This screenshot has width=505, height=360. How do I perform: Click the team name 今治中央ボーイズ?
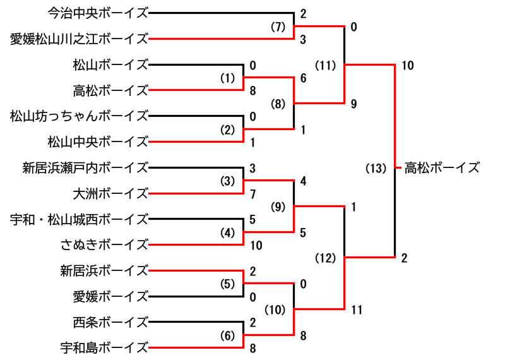(98, 13)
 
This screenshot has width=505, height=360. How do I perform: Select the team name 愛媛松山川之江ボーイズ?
(79, 39)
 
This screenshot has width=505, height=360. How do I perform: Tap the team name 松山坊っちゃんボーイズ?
(79, 116)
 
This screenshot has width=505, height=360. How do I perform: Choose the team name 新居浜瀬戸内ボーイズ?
(85, 168)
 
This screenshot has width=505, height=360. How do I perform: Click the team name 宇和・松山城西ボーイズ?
(79, 220)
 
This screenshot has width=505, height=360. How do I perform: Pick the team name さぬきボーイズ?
(104, 245)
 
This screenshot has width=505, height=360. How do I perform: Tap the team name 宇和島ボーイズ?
(104, 347)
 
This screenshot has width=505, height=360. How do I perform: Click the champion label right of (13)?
(442, 168)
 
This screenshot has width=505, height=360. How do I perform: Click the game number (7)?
(278, 27)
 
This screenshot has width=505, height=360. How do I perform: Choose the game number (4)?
(227, 232)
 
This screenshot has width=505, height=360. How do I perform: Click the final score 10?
(407, 65)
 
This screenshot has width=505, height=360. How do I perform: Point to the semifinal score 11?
(358, 309)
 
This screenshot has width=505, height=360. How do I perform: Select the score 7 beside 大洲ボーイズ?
(252, 193)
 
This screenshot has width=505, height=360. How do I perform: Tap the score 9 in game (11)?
(354, 104)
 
